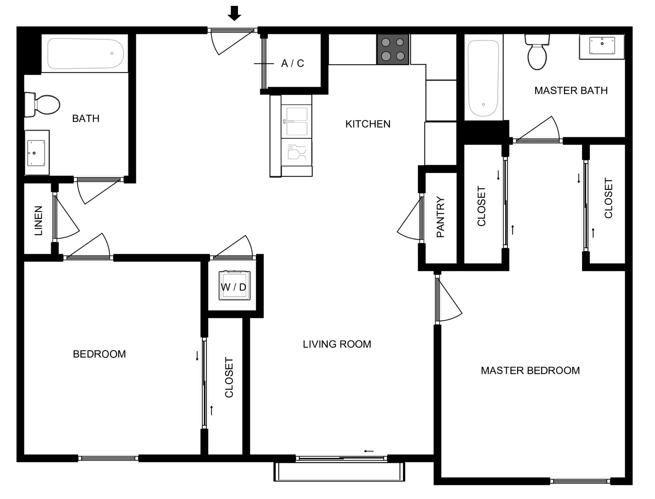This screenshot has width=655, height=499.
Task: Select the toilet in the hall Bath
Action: (42, 105)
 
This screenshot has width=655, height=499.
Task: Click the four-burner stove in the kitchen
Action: (393, 49)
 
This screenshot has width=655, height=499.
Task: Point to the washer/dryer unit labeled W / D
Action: (234, 285)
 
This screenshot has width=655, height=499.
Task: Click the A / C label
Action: (292, 63)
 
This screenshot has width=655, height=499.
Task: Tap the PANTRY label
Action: (440, 217)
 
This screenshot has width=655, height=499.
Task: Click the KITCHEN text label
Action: (368, 124)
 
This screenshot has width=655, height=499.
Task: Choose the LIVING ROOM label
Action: (337, 344)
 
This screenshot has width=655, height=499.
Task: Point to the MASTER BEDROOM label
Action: (530, 370)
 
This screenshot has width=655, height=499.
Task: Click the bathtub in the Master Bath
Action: (483, 78)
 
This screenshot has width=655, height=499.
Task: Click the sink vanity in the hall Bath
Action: (37, 153)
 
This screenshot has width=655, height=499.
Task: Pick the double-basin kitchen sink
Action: (297, 121)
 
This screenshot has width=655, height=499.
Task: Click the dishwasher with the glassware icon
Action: (297, 152)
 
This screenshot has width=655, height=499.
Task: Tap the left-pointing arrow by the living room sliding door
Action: (369, 451)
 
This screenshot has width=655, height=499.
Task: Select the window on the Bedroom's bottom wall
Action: (108, 458)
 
